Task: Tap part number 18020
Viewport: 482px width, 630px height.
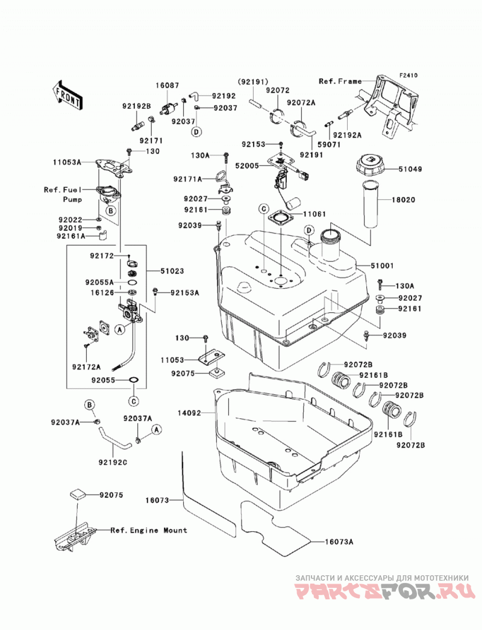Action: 404,200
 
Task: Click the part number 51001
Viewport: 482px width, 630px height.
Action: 382,265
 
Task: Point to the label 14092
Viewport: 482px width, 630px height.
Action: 190,413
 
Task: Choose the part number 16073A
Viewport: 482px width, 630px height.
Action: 339,542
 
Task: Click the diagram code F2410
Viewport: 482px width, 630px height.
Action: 408,75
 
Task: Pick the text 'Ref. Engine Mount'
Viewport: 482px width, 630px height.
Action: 149,530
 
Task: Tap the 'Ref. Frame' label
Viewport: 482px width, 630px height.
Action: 340,81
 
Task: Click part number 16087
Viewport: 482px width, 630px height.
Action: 167,85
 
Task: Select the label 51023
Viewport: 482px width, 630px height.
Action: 172,271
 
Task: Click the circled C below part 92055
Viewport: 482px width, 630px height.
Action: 134,401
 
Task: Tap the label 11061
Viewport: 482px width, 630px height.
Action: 315,214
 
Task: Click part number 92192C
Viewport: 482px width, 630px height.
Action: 113,463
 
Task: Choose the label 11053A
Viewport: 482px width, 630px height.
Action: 67,162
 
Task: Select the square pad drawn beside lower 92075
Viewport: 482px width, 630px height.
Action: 77,493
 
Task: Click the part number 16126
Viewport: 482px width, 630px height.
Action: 102,293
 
